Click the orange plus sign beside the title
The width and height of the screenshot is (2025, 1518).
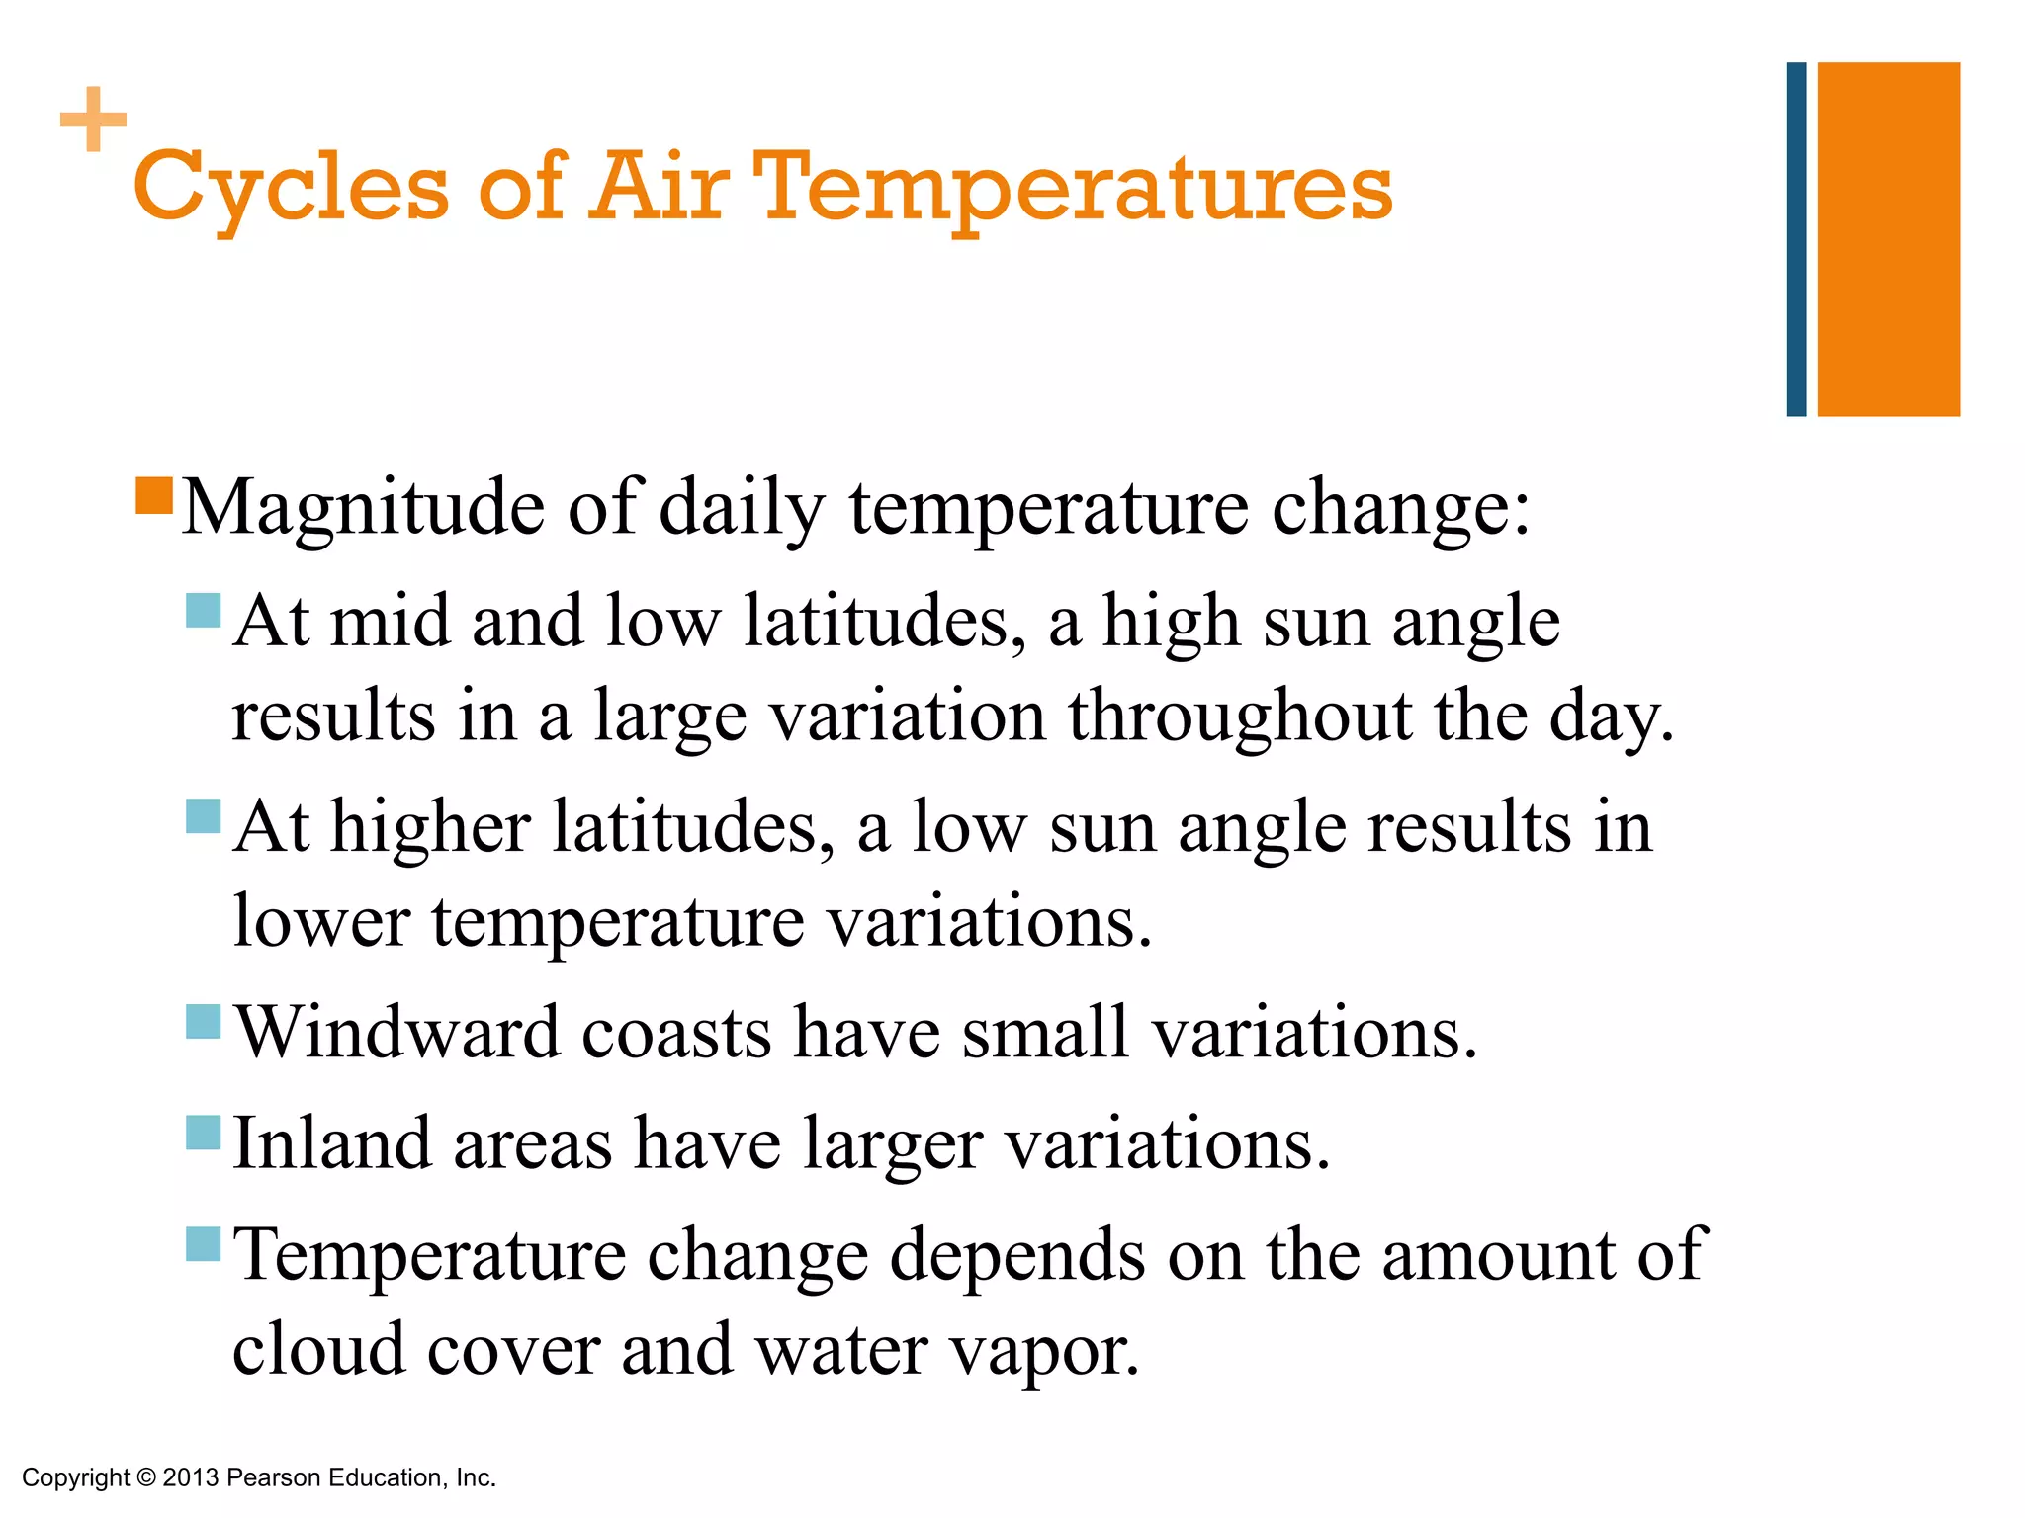(93, 120)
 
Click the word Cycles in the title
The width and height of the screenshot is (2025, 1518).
(291, 188)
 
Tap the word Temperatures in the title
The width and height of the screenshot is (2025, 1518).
(1072, 188)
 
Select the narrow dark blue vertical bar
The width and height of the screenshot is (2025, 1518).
(1796, 239)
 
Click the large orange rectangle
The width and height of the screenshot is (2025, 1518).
(1889, 239)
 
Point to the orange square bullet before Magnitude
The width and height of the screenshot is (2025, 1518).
(154, 496)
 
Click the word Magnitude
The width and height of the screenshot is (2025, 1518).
(363, 508)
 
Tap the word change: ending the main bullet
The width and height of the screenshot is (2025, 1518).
(1400, 508)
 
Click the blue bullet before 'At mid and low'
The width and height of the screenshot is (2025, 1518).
(203, 611)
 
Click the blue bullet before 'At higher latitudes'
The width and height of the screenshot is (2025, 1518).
(203, 816)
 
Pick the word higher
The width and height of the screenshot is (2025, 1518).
(430, 827)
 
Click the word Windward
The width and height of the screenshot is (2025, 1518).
(397, 1033)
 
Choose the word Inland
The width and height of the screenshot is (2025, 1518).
(332, 1143)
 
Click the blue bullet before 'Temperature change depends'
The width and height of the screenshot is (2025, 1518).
(203, 1243)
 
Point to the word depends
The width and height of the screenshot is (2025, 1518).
(1017, 1256)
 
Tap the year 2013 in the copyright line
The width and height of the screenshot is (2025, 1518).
(190, 1477)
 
